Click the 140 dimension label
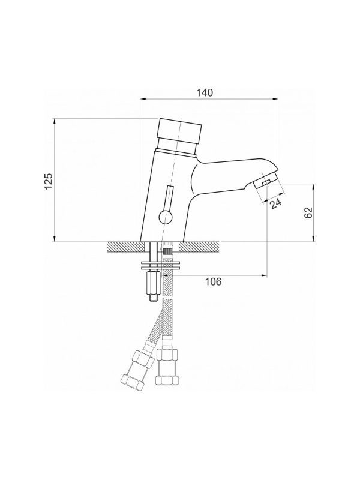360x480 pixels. tap(205, 92)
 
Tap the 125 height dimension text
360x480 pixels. tap(49, 181)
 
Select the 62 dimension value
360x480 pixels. tap(308, 212)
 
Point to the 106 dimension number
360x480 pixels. tap(213, 281)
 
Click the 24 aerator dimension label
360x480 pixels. tap(276, 203)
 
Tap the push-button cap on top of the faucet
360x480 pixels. tap(179, 131)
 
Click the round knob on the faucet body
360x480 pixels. tap(166, 217)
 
